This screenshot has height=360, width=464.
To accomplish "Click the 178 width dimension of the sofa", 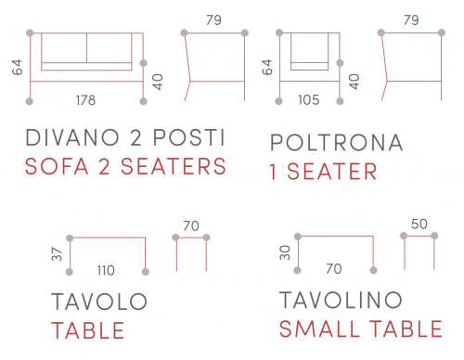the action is [85, 100].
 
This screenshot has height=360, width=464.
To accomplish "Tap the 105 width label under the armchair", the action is [309, 100].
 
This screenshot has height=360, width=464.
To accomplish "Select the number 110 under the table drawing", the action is [106, 271].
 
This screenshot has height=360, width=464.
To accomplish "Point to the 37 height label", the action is [57, 254].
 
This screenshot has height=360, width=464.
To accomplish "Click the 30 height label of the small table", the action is [285, 252].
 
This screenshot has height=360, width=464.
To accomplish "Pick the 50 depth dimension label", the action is [419, 224].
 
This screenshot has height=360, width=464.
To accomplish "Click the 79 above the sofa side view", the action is [213, 20].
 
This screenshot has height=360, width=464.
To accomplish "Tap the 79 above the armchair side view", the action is [411, 20].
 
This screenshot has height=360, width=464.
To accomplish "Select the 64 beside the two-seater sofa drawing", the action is [18, 67].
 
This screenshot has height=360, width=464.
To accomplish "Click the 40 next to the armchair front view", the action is [354, 82].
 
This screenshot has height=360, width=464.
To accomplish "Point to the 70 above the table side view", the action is [191, 225].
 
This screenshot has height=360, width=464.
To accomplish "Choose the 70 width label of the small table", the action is [334, 269].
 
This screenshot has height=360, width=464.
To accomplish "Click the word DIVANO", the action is [72, 137].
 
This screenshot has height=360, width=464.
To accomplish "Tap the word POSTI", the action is [189, 137].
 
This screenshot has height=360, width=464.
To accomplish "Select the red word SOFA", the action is [57, 166].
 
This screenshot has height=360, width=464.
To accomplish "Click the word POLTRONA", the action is [337, 143].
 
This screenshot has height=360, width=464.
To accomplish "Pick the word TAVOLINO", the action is [341, 300].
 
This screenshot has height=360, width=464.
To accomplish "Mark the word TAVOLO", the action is [99, 302].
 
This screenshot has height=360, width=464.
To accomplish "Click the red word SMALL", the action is [319, 328].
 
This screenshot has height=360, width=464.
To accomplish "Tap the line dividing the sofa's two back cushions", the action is [86, 48].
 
